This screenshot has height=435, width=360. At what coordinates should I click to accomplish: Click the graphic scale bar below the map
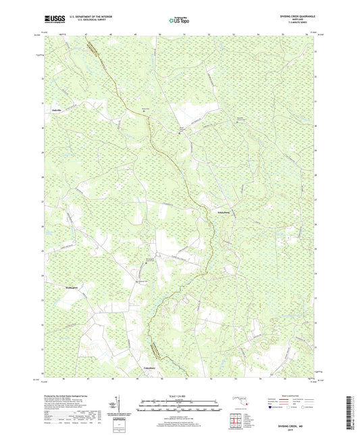180,407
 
